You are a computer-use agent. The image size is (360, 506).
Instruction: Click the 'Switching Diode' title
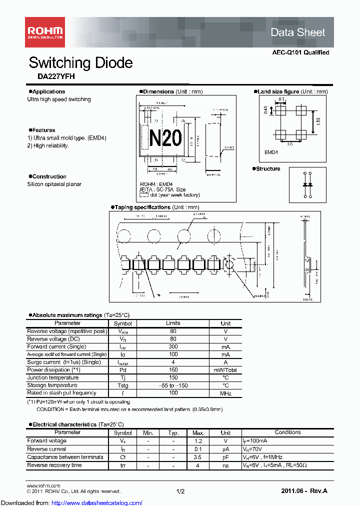80,63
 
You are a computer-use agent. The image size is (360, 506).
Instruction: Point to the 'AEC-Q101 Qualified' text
300,52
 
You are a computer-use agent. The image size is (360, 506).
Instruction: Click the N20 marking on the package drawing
165,137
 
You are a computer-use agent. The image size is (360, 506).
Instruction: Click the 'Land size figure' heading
278,92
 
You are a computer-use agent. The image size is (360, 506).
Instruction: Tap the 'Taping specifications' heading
142,207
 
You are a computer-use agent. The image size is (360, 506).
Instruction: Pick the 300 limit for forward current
173,346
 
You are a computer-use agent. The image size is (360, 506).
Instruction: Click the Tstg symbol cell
122,385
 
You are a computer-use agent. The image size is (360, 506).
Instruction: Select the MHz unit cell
225,393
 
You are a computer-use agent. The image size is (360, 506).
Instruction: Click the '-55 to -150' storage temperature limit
173,385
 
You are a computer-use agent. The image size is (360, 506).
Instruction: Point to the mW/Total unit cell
225,370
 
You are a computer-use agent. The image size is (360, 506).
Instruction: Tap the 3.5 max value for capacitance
197,457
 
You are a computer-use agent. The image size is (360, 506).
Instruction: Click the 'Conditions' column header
287,432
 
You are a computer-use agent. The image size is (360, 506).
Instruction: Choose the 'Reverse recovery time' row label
54,465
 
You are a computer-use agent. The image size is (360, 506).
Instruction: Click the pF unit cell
225,457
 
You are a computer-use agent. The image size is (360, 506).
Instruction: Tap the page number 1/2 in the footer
180,491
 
